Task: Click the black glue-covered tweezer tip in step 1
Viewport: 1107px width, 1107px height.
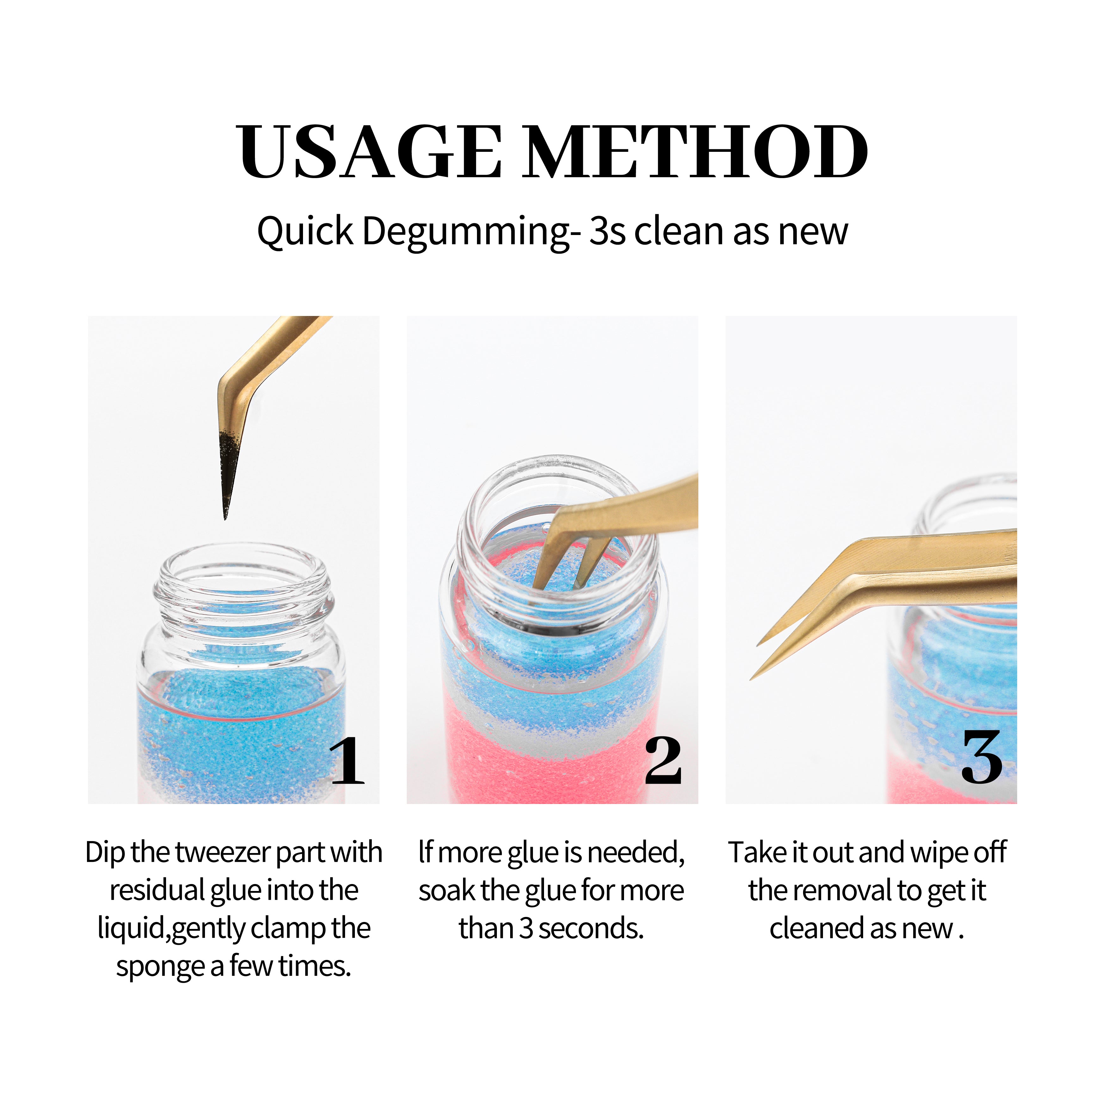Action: tap(229, 476)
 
